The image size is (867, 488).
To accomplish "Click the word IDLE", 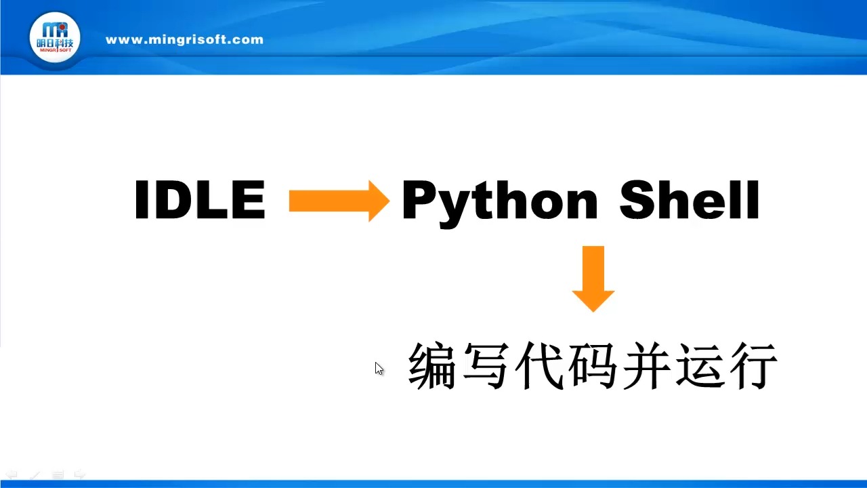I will point(200,201).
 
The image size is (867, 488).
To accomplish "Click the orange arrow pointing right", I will point(339,201).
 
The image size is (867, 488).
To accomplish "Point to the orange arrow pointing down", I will point(593,278).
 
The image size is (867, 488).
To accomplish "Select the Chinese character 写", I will point(485,367).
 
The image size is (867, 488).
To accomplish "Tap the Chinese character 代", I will point(539,367).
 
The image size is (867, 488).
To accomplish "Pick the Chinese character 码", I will point(592,367).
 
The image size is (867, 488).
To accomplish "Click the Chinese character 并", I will point(645,367).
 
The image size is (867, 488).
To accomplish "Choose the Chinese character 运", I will point(698,367).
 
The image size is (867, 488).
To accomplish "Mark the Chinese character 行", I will point(752,367).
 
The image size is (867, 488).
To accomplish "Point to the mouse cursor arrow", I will point(379,368).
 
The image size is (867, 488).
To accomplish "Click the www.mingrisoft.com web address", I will point(184,39).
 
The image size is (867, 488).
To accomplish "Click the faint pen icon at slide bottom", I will point(35,474).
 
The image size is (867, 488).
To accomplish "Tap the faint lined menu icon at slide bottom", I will point(58,474).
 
